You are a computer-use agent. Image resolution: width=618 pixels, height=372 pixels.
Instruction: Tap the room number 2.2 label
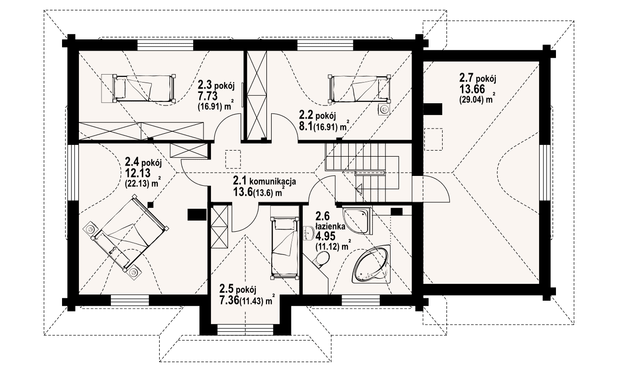coord(308,114)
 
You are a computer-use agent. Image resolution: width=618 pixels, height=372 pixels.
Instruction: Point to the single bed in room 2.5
coord(285,247)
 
